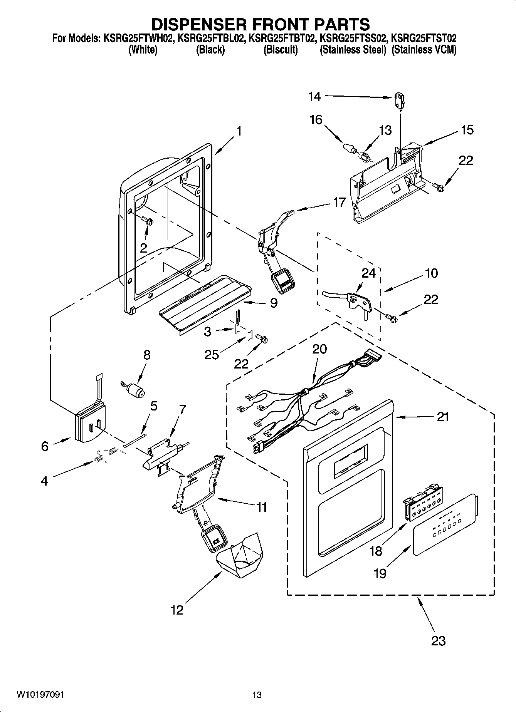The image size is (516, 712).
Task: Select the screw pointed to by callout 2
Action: (148, 221)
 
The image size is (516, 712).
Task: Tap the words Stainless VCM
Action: (424, 50)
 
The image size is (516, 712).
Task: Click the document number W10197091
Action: (40, 695)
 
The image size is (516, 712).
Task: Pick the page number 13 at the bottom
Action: (257, 695)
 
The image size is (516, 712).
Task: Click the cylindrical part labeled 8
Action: (136, 390)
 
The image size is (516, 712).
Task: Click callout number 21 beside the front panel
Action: (442, 417)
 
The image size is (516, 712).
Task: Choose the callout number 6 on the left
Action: (45, 446)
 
